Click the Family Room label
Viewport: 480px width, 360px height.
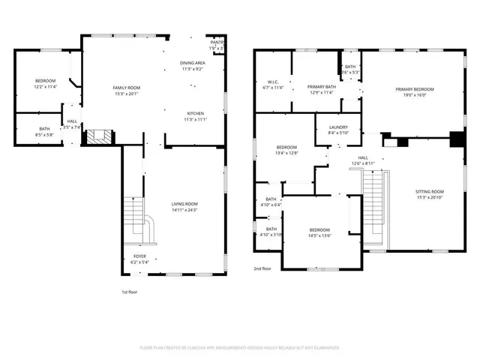126,91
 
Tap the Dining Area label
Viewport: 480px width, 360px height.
192,66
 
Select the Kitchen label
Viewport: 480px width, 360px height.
195,116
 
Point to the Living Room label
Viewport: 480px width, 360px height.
184,207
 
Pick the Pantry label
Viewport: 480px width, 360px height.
217,46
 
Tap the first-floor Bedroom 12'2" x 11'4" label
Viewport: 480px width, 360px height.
46,84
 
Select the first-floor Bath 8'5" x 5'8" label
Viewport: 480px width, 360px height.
45,132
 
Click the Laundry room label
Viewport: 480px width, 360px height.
338,130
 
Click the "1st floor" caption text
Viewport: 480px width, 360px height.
130,292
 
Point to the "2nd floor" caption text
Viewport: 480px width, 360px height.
262,268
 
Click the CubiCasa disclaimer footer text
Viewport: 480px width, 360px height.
240,348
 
